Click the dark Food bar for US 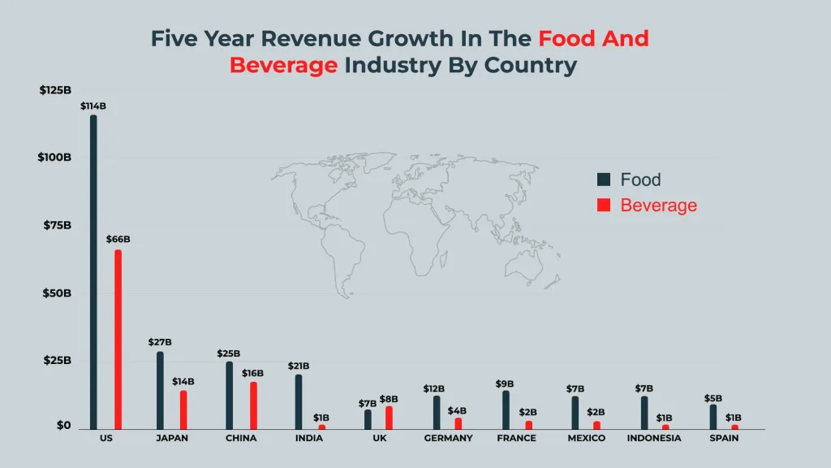(x=93, y=271)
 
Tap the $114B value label (x=93, y=106)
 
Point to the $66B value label (x=118, y=240)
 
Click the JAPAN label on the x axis (x=171, y=439)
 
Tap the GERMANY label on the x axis (x=448, y=439)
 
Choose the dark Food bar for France (x=505, y=409)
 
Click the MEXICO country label (x=586, y=439)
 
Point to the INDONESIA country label (x=654, y=439)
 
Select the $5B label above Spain (x=713, y=399)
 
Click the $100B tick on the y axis (x=54, y=157)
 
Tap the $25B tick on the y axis (x=57, y=360)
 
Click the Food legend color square (x=603, y=180)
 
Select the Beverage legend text (x=658, y=206)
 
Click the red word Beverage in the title (x=283, y=66)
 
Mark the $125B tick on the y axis (x=55, y=90)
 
